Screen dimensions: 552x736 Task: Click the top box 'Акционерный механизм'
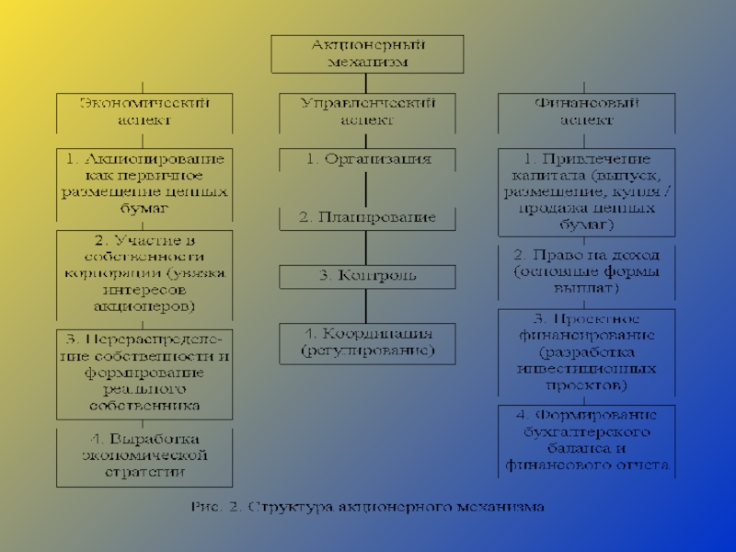[367, 53]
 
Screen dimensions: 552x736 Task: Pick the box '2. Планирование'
[367, 219]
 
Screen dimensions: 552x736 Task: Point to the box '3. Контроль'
[367, 276]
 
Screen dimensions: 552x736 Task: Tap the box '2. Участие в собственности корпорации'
[144, 271]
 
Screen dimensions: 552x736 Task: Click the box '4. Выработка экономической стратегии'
[144, 456]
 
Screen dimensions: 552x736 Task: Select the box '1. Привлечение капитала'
[586, 192]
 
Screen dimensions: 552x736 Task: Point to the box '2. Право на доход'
[586, 271]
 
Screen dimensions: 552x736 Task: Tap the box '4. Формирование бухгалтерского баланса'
[586, 440]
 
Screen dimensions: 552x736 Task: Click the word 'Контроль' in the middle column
[377, 276]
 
